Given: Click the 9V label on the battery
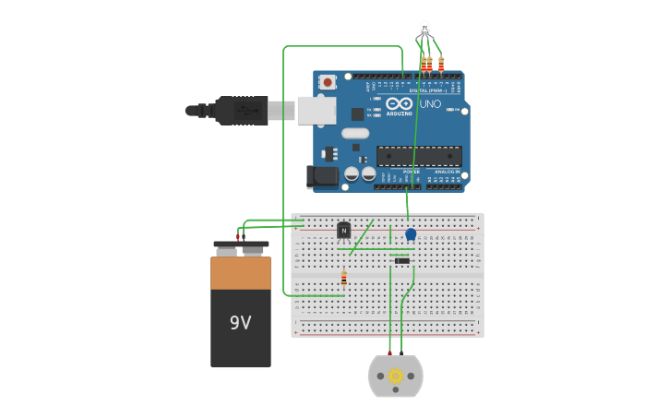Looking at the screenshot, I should [x=240, y=323].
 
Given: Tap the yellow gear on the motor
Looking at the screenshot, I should [x=396, y=376].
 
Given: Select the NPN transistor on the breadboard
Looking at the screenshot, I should [x=344, y=230].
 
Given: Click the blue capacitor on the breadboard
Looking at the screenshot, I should [x=411, y=234].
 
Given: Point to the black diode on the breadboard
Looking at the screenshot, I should [x=401, y=261].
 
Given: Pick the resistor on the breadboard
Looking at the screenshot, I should [x=344, y=278].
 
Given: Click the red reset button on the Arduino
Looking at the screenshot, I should [x=328, y=82].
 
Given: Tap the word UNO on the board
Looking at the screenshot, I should [x=430, y=104].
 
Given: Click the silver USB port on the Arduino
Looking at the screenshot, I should [x=316, y=110].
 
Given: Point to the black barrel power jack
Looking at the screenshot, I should [x=320, y=175].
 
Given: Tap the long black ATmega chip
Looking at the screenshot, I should [x=419, y=155].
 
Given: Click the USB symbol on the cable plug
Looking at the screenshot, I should [x=244, y=110].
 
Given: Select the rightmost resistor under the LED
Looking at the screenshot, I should [x=441, y=64].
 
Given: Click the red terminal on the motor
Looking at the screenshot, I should [x=389, y=353].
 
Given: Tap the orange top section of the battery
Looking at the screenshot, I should [x=241, y=273].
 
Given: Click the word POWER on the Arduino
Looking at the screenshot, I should [x=412, y=172].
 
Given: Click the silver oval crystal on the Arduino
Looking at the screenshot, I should [x=355, y=133].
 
